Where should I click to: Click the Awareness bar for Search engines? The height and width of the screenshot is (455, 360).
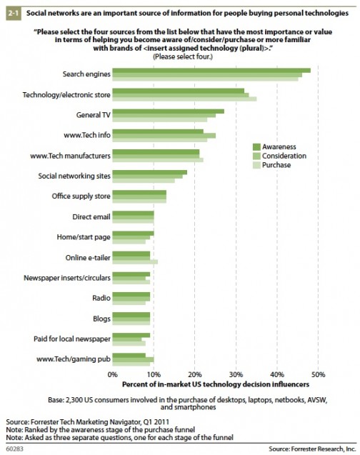click(x=211, y=71)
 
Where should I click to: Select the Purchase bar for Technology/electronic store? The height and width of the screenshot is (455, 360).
click(x=184, y=99)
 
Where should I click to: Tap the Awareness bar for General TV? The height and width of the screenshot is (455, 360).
click(x=169, y=111)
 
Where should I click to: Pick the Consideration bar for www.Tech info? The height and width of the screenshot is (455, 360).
click(x=164, y=136)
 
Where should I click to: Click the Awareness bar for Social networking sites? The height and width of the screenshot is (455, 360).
click(x=150, y=172)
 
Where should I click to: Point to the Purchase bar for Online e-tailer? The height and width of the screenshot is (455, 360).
click(x=135, y=262)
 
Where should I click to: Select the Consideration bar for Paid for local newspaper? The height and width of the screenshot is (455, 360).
click(x=127, y=339)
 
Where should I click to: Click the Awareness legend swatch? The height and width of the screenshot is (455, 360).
click(x=256, y=147)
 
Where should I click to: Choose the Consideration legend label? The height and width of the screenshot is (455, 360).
click(x=284, y=156)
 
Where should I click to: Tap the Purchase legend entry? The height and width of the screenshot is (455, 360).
click(x=272, y=165)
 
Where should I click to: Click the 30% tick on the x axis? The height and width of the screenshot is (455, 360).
click(x=236, y=374)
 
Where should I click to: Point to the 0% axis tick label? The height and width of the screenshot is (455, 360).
click(x=113, y=374)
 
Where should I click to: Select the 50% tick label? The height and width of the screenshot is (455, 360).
click(x=319, y=374)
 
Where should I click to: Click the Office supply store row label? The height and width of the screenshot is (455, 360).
click(x=81, y=196)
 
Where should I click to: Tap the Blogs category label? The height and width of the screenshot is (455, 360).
click(x=102, y=319)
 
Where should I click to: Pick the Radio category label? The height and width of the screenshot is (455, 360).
click(x=101, y=298)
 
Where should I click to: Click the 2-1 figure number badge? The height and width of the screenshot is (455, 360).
click(x=14, y=14)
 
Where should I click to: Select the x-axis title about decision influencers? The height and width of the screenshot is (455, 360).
click(x=216, y=384)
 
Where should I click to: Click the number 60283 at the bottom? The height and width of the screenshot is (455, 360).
click(x=14, y=449)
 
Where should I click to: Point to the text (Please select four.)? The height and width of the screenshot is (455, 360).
click(x=183, y=56)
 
